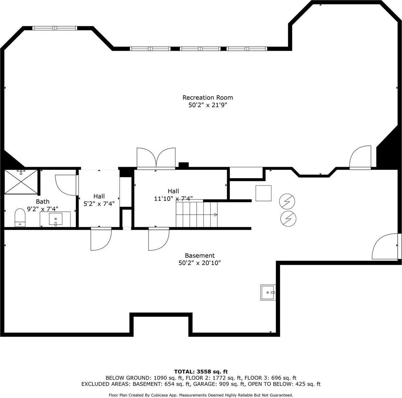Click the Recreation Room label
point(207,97)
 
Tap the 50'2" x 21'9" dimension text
point(207,105)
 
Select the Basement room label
point(200,255)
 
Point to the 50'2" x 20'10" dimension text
point(200,263)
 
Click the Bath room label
point(43,201)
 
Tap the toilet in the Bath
point(20,217)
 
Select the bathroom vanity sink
point(56,219)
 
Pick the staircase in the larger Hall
point(196,214)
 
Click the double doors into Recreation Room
point(156,158)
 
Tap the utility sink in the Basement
point(268,292)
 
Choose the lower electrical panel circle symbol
point(288,218)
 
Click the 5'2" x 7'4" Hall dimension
point(99,204)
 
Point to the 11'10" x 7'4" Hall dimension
point(173,199)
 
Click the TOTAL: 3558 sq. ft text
point(201,371)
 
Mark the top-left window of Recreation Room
point(55,28)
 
